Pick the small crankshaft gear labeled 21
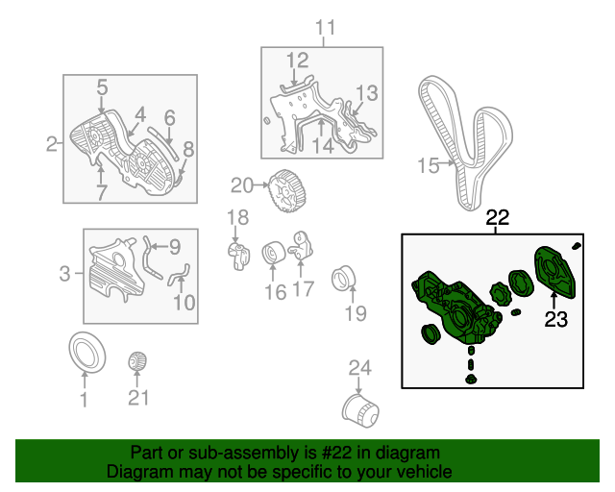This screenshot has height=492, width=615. pos(138,362)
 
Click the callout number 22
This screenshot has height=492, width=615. pos(497,218)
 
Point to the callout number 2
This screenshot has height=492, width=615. pos(52,145)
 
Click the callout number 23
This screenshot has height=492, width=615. pos(555,320)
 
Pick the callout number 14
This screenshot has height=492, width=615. pos(322,146)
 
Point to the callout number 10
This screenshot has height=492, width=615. pos(184,303)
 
